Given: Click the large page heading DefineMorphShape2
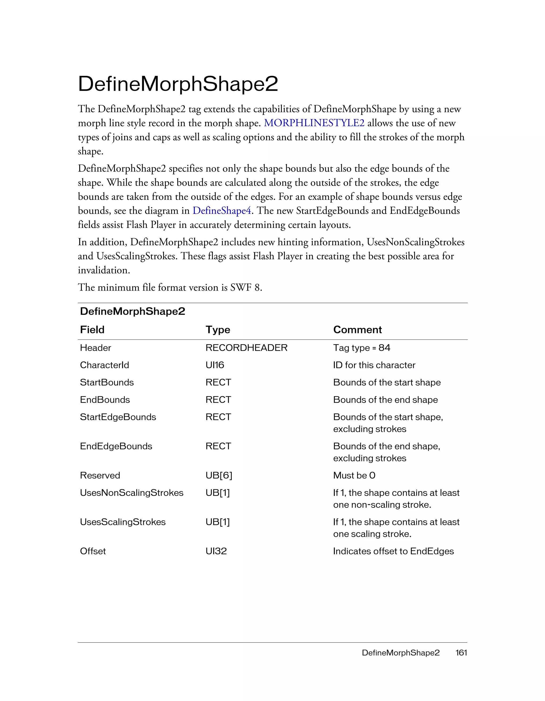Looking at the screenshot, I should coord(178,84).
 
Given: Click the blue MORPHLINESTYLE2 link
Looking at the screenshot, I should coord(314,123).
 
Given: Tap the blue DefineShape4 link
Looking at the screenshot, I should coord(222,211).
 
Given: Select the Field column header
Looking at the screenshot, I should coord(92,330).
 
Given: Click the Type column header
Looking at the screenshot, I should coord(218,330).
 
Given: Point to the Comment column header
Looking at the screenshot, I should coord(357,330).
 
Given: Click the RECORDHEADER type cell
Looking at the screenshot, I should coord(246,348).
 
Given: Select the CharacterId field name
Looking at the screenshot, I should coord(104,365).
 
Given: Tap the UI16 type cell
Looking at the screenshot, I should coord(214,365).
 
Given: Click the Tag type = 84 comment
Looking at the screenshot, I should coord(362,348).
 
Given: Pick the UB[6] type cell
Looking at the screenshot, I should coord(219,475).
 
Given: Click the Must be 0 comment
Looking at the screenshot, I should coord(354,475).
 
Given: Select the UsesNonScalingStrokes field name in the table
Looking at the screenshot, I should coord(131,493).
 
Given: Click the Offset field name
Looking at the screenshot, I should coord(93,551).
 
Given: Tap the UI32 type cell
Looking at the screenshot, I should coord(216,551).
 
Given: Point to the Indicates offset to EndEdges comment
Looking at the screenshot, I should coord(393,551).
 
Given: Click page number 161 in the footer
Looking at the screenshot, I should coord(461,653).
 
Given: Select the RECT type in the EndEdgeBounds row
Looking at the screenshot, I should coord(218,446).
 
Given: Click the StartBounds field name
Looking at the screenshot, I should coord(107,382).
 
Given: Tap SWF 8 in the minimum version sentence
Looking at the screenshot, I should coord(245,287).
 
